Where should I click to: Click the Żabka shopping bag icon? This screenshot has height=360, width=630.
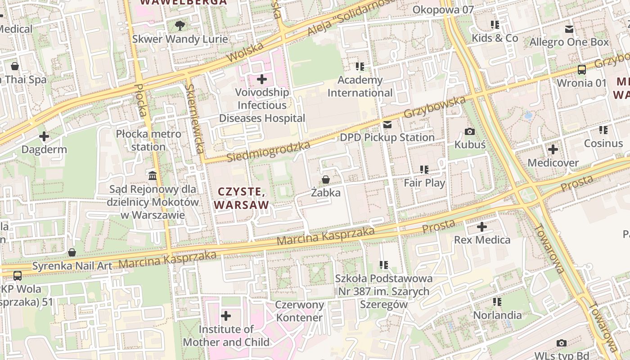tap(326, 180)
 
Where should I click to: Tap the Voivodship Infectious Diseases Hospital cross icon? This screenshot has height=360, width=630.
tap(262, 80)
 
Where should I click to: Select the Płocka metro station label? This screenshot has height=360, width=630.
tap(148, 140)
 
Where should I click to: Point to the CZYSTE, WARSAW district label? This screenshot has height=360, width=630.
tap(242, 198)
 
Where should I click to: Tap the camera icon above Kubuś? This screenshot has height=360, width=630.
tap(470, 131)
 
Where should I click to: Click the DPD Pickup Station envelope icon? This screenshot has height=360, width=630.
tap(387, 125)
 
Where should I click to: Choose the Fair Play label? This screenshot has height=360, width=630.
tap(424, 183)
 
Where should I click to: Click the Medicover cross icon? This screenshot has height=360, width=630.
tap(553, 149)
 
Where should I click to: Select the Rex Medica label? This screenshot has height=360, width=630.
tap(482, 239)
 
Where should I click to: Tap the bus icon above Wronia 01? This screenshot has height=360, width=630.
tap(582, 70)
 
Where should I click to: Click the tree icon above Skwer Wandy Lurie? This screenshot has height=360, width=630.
tap(180, 26)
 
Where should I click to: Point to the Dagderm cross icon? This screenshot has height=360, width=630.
tap(44, 136)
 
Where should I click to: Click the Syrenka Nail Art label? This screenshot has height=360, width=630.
tap(72, 265)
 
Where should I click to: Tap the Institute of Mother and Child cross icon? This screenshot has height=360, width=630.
tap(226, 316)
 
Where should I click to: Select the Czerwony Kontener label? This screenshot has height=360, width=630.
tap(300, 311)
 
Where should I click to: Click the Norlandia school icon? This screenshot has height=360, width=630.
tap(497, 302)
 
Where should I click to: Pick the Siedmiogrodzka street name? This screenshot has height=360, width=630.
tap(269, 152)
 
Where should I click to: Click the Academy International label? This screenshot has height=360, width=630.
tap(360, 86)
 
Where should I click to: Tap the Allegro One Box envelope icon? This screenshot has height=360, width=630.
tap(569, 29)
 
